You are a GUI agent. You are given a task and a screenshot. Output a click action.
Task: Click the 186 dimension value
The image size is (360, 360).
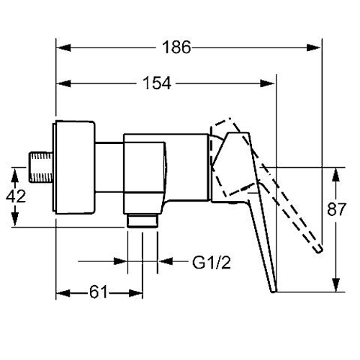click(176, 47)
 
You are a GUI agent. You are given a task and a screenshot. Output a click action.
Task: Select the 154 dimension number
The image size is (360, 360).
click(157, 83)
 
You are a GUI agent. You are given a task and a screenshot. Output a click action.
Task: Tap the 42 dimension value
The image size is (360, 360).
click(16, 196)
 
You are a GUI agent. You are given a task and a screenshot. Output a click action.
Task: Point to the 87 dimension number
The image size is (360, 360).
click(336, 210)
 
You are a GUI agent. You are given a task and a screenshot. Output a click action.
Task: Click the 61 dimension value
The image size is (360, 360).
click(99, 292)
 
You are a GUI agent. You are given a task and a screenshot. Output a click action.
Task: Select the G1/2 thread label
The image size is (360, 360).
click(212, 262)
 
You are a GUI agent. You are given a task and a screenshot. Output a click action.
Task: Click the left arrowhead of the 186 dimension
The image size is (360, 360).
click(63, 48)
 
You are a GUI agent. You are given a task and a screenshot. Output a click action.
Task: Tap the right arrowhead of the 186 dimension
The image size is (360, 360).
click(313, 48)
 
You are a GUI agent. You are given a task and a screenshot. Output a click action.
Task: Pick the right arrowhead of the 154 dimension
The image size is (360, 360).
click(267, 84)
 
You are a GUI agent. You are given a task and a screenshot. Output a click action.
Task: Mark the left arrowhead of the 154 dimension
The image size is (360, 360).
click(63, 84)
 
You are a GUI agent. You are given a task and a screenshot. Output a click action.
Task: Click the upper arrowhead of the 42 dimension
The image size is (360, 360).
click(15, 175)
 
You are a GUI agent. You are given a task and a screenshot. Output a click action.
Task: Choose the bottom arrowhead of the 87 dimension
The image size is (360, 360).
click(336, 285)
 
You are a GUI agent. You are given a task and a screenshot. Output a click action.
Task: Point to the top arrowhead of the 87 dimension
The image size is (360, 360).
click(336, 175)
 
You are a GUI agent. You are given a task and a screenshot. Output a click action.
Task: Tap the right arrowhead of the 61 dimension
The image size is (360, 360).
click(135, 293)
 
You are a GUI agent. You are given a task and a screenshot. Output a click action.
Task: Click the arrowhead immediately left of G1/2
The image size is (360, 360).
click(166, 261)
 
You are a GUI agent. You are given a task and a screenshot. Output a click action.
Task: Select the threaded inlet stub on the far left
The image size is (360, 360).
click(41, 167)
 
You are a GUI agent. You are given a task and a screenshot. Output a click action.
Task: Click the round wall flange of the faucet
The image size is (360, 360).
click(74, 167)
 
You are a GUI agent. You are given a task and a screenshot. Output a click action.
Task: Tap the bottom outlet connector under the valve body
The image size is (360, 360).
click(143, 220)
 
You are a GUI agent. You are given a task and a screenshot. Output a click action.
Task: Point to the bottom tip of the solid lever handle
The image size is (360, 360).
click(274, 292)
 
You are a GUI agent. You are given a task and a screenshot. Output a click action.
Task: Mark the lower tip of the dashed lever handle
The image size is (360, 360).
click(320, 250)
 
